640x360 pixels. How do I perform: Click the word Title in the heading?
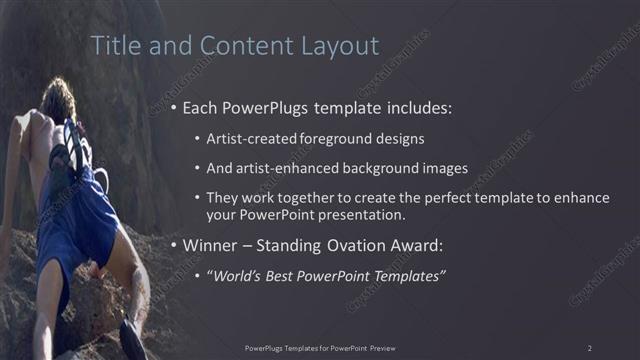pos(113,46)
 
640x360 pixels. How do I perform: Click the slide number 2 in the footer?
pos(589,347)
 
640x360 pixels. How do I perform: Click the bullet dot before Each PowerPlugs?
pos(176,108)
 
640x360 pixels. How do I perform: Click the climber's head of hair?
pos(58,98)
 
